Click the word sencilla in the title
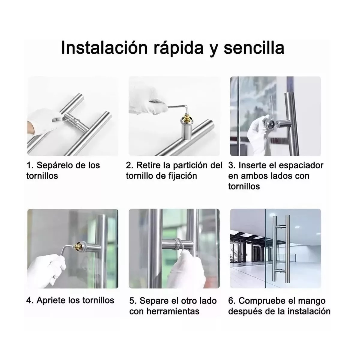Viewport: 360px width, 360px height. pyautogui.click(x=254, y=48)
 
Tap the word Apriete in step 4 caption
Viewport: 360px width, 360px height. pyautogui.click(x=50, y=300)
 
